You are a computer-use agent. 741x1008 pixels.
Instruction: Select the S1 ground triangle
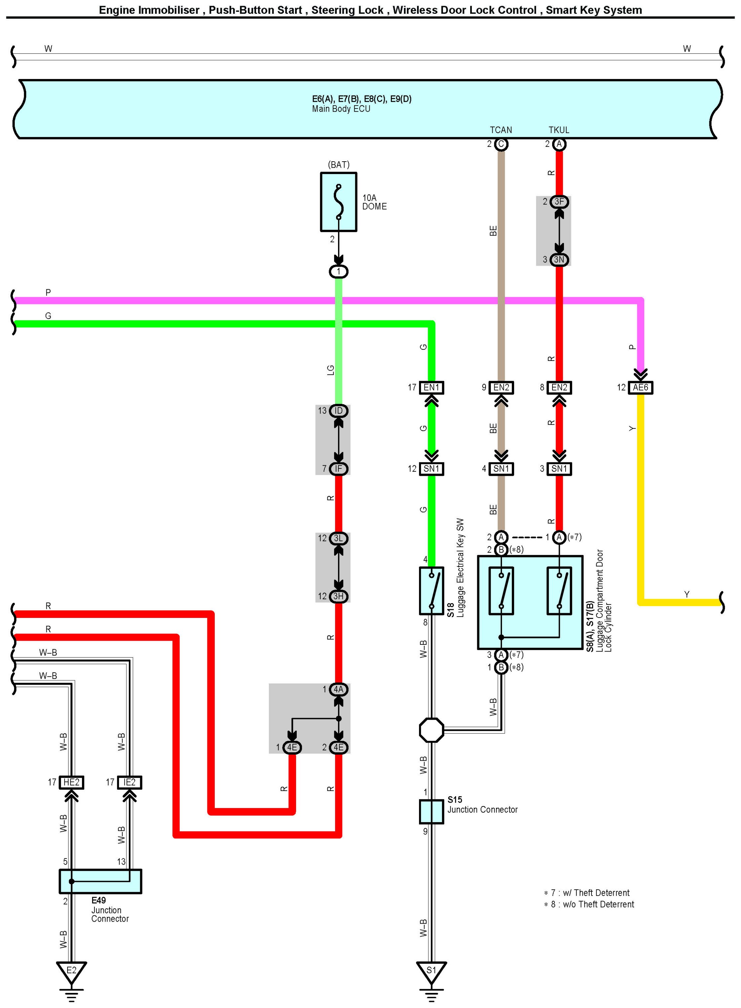[x=431, y=970]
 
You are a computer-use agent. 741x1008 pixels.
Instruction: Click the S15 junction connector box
[x=431, y=811]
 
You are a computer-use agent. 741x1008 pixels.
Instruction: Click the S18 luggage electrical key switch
[x=431, y=591]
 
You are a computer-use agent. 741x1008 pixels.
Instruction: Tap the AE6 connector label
[x=640, y=387]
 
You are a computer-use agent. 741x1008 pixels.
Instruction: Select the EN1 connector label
[x=431, y=387]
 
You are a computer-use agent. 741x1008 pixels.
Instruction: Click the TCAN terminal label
[x=501, y=130]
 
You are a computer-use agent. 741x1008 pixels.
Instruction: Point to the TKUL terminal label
[x=559, y=130]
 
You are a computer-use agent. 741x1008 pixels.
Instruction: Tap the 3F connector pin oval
[x=559, y=202]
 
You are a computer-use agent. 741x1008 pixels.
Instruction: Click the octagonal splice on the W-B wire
[x=431, y=730]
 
